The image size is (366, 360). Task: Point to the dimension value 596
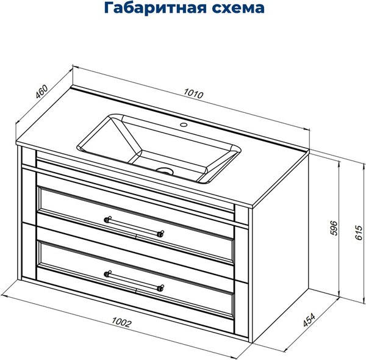pos(330,228)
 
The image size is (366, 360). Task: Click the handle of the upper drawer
pos(134,225)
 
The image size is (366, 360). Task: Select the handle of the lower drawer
pos(134,281)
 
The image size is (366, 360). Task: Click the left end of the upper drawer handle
pos(107,218)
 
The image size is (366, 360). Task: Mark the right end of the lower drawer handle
pos(160,287)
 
